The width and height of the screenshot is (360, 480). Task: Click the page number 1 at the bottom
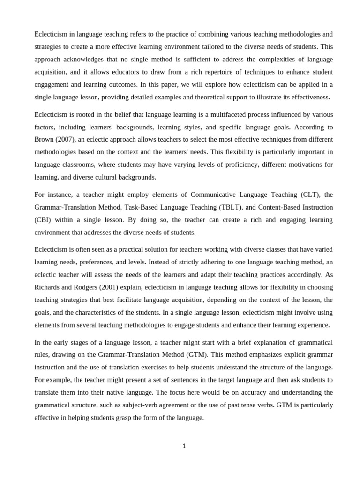tap(184, 446)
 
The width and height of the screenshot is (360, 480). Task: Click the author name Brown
tap(45, 139)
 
